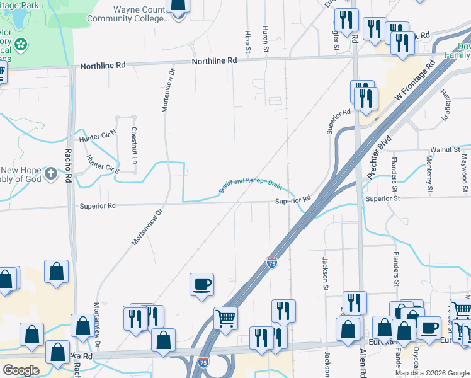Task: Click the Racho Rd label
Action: click(68, 166)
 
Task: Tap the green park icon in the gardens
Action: click(22, 45)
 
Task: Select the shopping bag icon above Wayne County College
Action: click(179, 6)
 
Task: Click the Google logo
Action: click(21, 370)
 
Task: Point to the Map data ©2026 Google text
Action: click(431, 373)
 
